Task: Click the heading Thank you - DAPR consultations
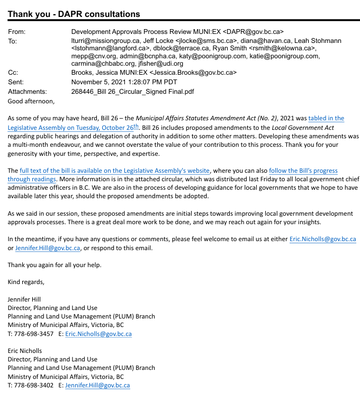pyautogui.click(x=74, y=14)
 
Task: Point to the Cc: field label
pyautogui.click(x=14, y=73)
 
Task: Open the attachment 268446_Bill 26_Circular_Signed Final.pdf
pyautogui.click(x=132, y=91)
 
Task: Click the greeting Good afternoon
pyautogui.click(x=31, y=101)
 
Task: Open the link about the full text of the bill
pyautogui.click(x=115, y=171)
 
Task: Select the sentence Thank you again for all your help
pyautogui.click(x=55, y=265)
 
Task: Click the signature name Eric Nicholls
pyautogui.click(x=25, y=351)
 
